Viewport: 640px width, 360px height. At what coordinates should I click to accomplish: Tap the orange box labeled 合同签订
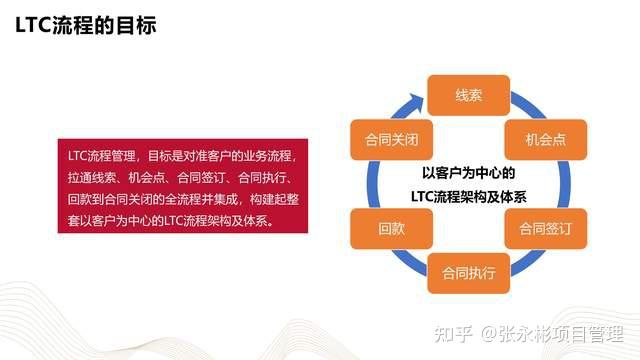click(x=541, y=228)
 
